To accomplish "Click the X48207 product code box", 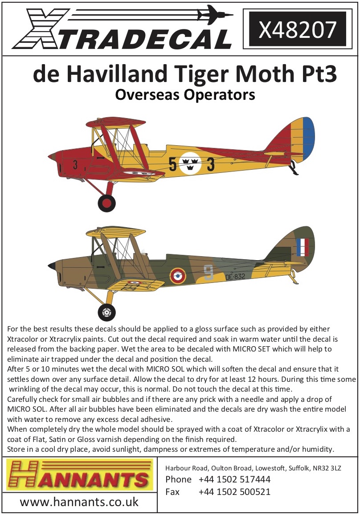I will coord(297,29).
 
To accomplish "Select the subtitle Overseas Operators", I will coord(184,95).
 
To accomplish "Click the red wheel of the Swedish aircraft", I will coord(107,203).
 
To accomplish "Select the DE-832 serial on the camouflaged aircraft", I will coord(235,277).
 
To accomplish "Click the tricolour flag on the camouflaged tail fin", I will coord(302,247).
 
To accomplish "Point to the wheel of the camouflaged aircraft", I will coord(106,312).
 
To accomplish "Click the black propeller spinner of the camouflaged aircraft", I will coord(52,266).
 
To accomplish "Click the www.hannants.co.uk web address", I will coord(79,502).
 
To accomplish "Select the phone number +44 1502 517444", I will coord(234,480).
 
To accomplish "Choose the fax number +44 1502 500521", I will coord(234,492).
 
